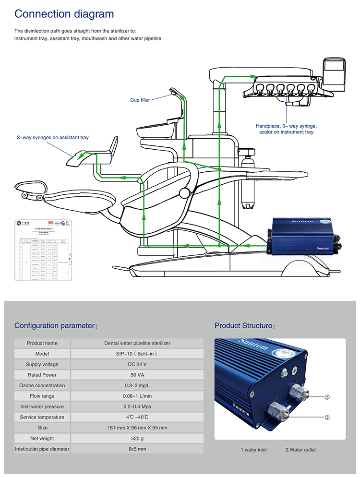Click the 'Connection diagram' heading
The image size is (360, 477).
coord(64,14)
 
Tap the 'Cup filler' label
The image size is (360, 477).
coord(140,100)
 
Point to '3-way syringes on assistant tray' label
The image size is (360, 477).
coord(53,138)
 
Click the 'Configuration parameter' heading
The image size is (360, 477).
coord(56,326)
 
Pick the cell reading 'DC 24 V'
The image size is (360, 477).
coord(137,364)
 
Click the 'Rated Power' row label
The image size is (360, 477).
coord(42,375)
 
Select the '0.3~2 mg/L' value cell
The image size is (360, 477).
coord(137,385)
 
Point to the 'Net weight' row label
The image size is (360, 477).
coord(42,438)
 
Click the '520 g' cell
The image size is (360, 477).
coord(137,438)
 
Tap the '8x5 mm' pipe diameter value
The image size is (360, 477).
coord(137,449)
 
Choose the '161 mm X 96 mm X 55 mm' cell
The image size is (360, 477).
coord(137,428)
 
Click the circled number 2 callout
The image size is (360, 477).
coord(327,397)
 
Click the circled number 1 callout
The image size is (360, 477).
coord(327,417)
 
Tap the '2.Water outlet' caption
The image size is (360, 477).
coord(301,450)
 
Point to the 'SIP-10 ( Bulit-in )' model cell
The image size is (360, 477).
coord(137,354)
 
